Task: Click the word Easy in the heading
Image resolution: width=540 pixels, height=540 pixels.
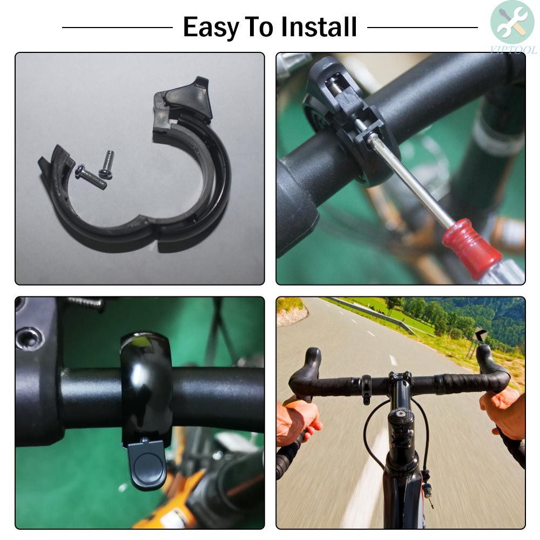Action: point(211,27)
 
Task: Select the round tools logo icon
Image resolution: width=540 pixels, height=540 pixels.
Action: point(512,22)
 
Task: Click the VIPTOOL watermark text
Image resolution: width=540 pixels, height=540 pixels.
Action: point(514,50)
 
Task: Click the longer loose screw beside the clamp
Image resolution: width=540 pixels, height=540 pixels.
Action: point(91,177)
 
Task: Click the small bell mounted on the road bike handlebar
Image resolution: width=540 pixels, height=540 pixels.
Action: point(366,389)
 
